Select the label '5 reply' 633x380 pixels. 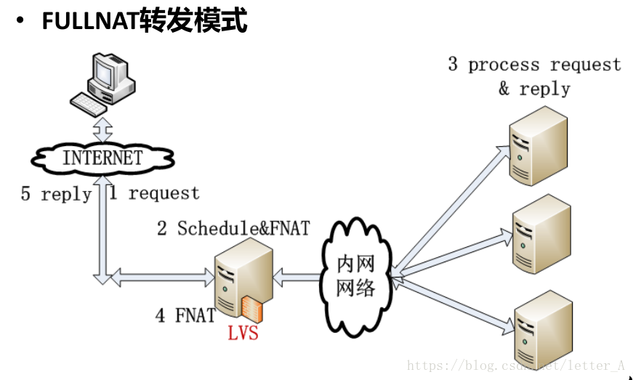coord(56,195)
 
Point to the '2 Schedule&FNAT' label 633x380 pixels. coord(233,228)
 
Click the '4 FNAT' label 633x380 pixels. coord(185,315)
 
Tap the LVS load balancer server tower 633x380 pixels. coord(242,279)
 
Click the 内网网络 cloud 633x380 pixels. coord(355,276)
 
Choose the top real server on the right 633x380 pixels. coord(537,146)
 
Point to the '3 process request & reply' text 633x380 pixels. coord(534,76)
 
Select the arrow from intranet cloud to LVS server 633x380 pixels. coord(298,276)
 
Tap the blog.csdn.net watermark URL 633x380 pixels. coord(516,365)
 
